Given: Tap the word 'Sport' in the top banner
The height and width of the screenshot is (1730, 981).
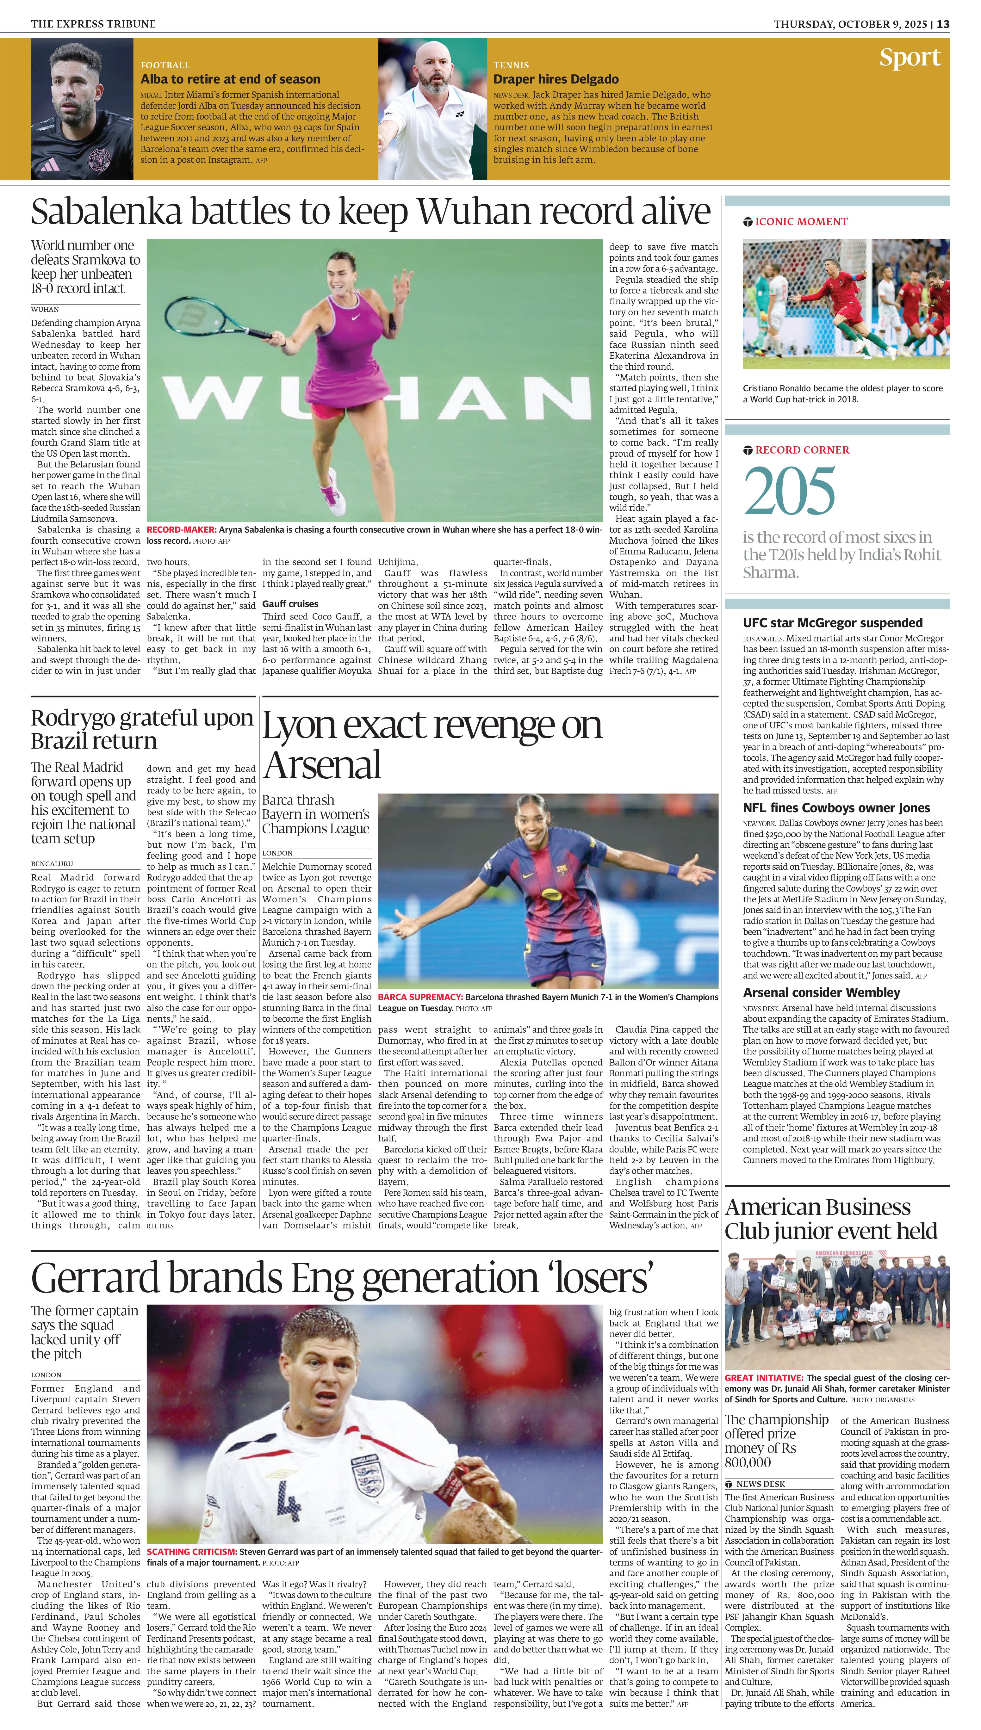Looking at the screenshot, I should pos(910,58).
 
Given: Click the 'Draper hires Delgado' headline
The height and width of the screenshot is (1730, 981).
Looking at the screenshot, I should pos(556,79).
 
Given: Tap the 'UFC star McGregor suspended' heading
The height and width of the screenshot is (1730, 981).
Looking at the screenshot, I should pos(832,623).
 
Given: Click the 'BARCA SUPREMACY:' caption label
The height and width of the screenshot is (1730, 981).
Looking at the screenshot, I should pos(420,997).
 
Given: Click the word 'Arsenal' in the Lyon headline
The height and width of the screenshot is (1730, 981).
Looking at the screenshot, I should pos(322,765).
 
